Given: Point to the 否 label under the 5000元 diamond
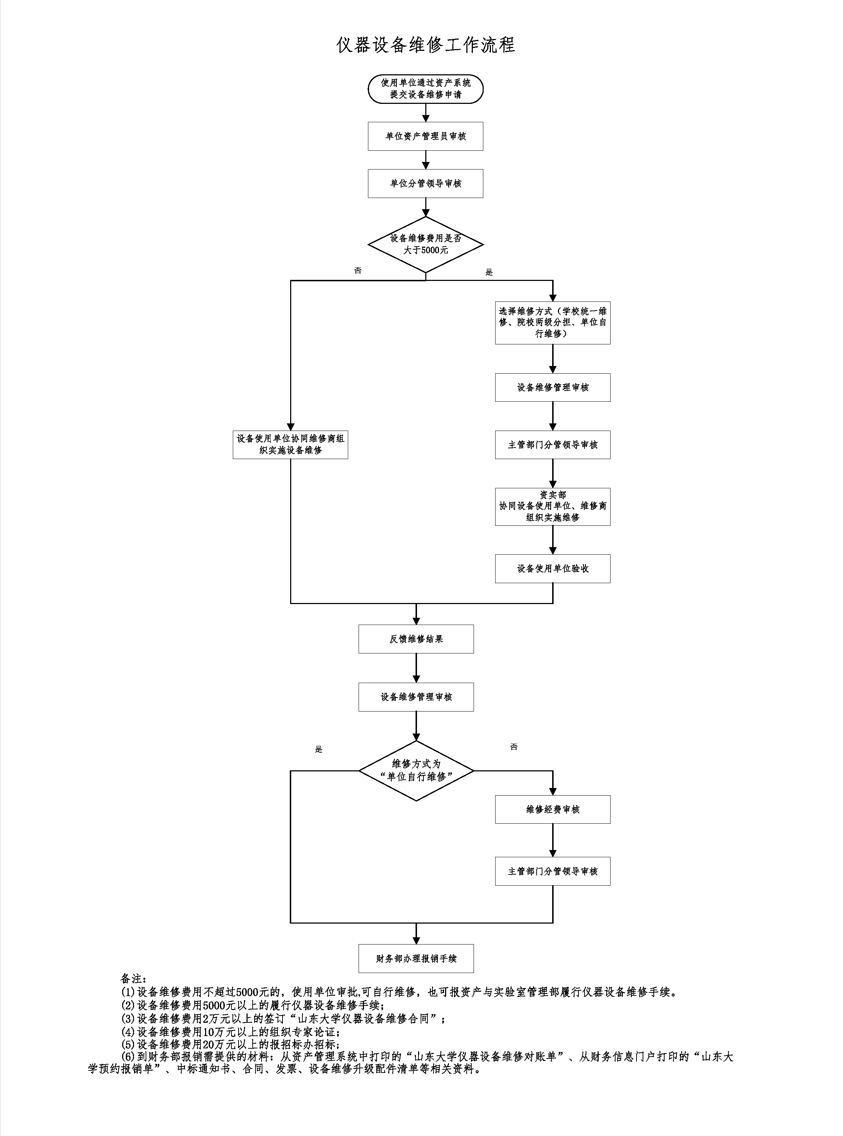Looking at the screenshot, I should pos(358,270).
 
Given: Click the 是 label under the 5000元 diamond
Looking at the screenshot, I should pos(489,273).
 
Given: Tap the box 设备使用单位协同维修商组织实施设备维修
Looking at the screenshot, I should pos(290,444).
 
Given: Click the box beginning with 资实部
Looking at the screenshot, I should pos(552,506).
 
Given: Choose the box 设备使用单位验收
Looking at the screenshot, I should pos(552,568).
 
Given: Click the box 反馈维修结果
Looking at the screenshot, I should pos(416,639).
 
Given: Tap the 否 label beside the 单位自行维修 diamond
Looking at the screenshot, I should pos(514,747).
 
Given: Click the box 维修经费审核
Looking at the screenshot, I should pos(552,809).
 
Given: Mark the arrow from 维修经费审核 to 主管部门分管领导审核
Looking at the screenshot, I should pos(552,840).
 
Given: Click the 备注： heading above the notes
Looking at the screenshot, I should pos(133,979).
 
